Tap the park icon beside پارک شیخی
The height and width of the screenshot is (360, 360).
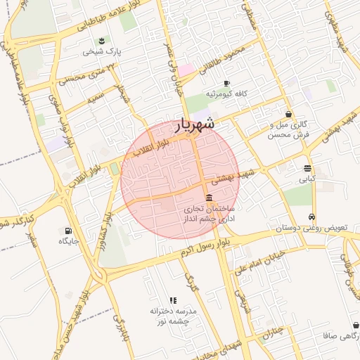click(103, 40)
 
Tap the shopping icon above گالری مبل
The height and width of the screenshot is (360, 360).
click(288, 114)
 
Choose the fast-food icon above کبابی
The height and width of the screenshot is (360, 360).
click(307, 168)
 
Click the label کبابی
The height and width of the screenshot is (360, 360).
click(307, 179)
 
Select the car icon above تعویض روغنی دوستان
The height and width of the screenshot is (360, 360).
click(311, 217)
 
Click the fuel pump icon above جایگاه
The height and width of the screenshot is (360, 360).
click(68, 230)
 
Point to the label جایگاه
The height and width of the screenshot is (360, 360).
click(69, 241)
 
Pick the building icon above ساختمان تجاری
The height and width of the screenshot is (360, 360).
click(209, 198)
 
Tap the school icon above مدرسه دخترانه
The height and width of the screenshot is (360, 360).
click(174, 300)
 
